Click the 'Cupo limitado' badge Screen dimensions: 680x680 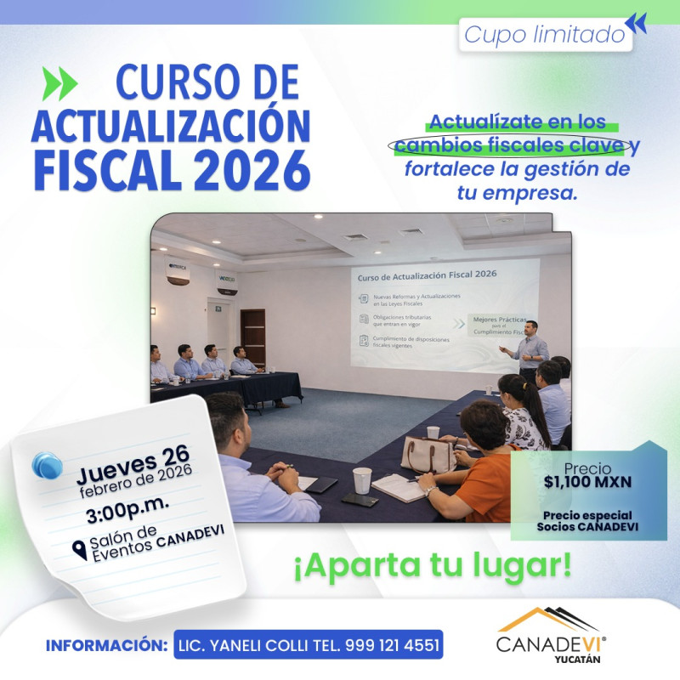(544, 36)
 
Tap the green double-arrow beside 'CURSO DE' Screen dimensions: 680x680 (59, 83)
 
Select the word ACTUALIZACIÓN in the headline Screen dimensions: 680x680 (170, 126)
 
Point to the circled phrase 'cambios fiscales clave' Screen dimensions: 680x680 (511, 144)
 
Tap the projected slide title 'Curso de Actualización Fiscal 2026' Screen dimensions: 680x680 (428, 275)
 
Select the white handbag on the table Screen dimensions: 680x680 (428, 455)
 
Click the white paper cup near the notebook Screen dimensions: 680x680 (362, 479)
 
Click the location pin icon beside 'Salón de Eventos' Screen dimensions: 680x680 (80, 551)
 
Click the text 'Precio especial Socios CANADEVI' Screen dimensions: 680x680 (588, 520)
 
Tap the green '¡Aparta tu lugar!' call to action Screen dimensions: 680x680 (432, 564)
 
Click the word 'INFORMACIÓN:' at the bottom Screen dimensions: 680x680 (105, 644)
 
